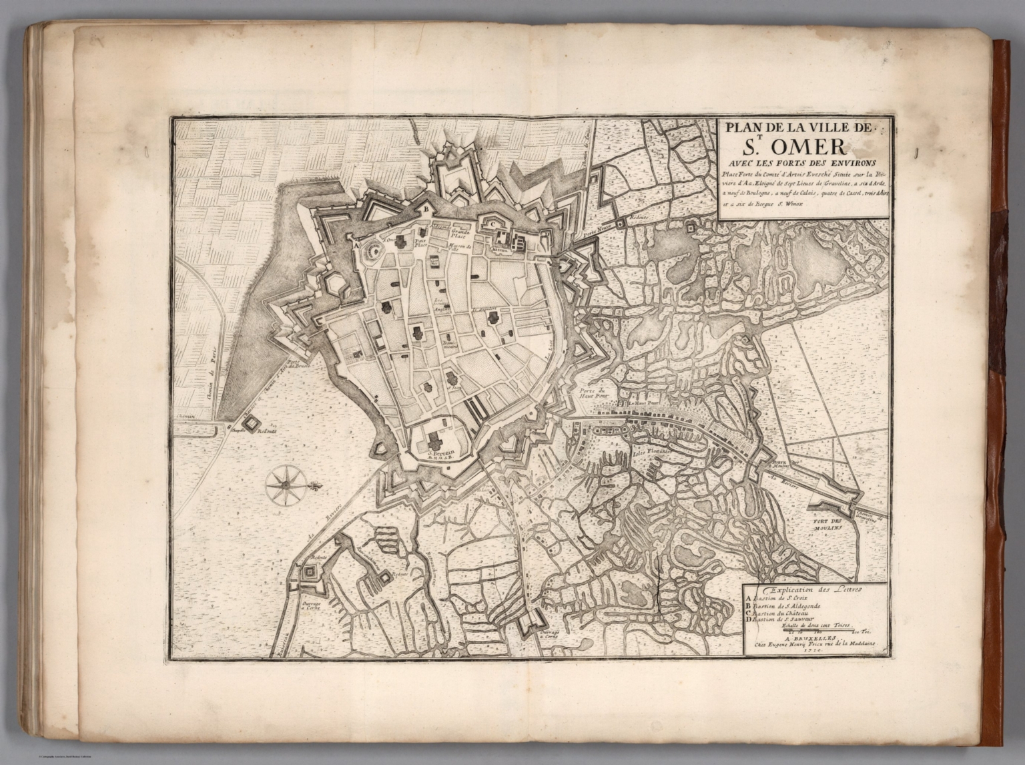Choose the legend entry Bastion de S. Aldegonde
[x=789, y=606]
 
